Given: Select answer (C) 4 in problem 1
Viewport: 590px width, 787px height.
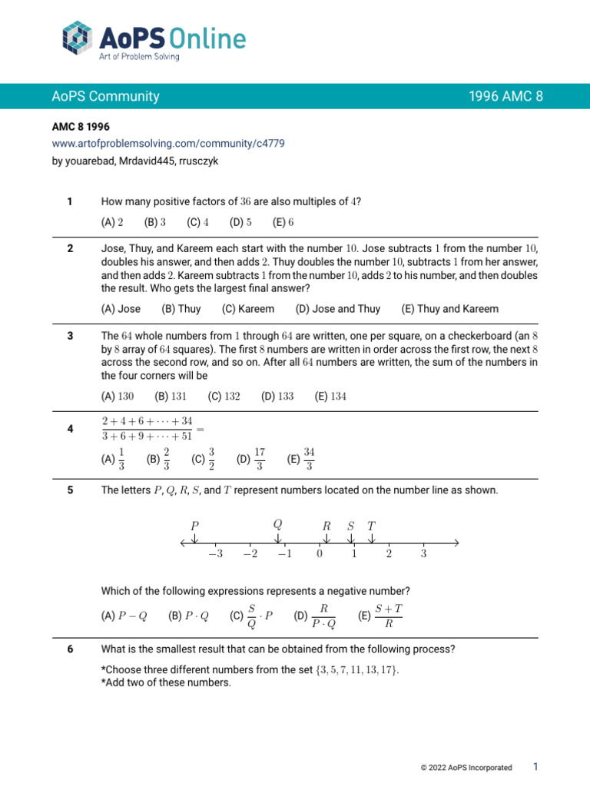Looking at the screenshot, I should point(197,222).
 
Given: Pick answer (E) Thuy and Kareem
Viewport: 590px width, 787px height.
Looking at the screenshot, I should point(449,309).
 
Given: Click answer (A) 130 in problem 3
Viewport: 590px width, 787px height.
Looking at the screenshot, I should point(118,397).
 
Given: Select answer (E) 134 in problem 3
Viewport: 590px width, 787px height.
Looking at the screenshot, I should point(330,397).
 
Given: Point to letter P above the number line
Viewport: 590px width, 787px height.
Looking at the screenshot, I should point(194,526).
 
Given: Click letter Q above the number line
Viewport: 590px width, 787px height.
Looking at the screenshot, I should point(277,524).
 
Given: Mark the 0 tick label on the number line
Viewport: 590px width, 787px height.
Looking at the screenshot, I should point(319,555).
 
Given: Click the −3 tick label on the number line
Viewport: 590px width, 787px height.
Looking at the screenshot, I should point(214,555).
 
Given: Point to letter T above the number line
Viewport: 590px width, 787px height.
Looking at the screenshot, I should point(371,526).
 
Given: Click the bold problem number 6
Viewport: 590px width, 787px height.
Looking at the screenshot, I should point(70,649).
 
